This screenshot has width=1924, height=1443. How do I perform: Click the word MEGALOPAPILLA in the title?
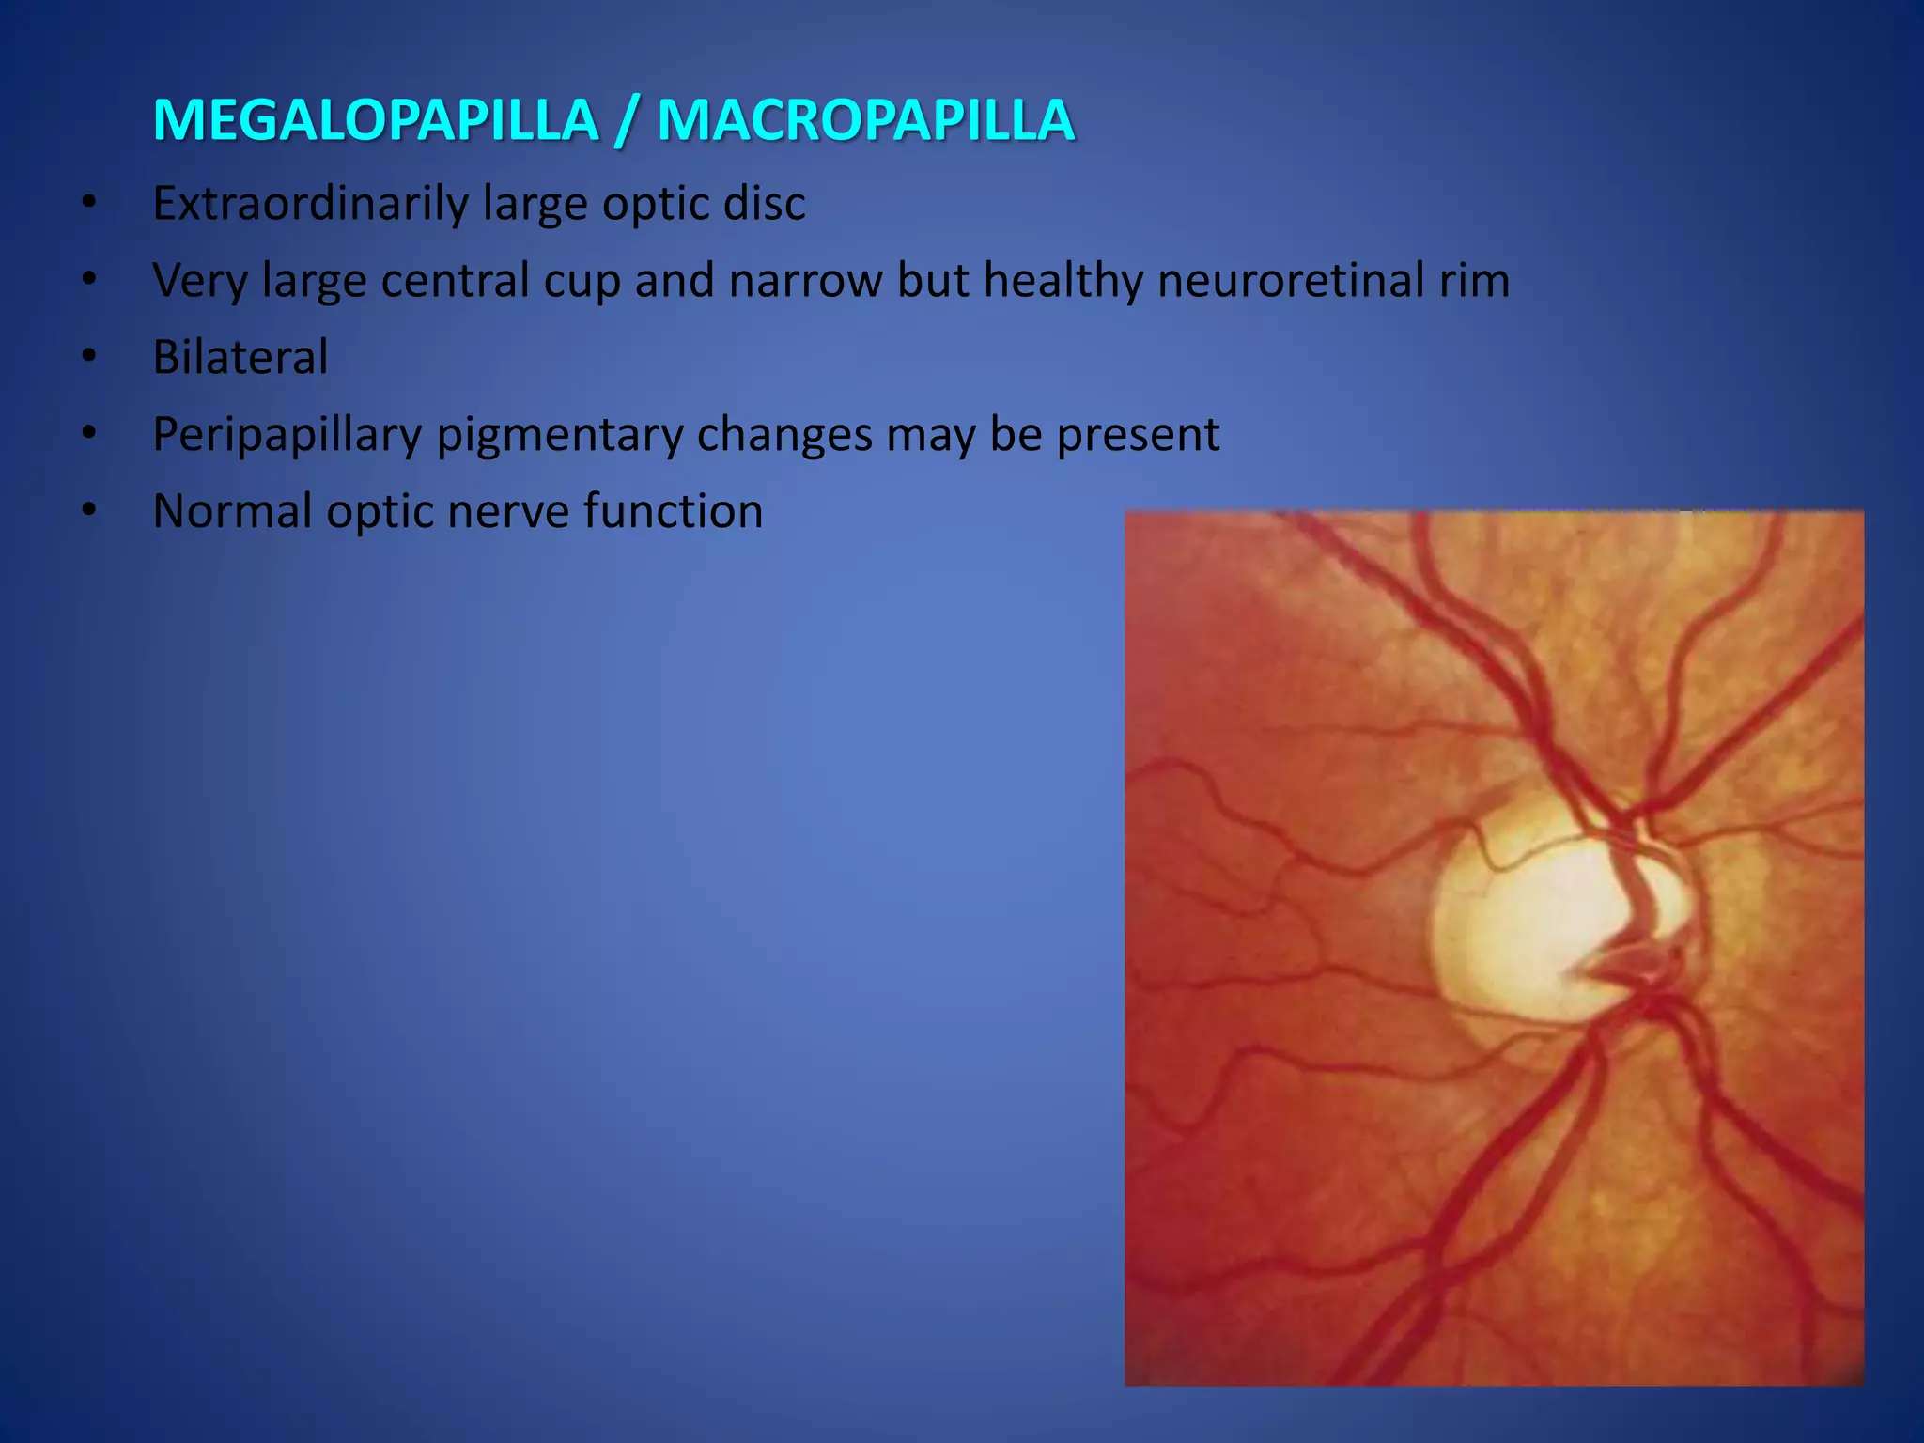(376, 120)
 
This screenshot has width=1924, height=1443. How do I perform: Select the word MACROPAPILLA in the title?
(865, 120)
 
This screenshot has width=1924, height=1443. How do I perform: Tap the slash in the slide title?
(628, 122)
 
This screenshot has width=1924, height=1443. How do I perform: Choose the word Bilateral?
(240, 358)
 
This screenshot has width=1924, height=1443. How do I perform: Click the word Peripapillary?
(287, 436)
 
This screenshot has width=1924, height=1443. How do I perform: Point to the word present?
(1138, 436)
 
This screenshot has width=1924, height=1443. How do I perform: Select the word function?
(673, 512)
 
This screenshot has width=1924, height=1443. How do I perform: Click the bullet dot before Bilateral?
(89, 356)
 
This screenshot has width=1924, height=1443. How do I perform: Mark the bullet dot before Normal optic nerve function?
(89, 510)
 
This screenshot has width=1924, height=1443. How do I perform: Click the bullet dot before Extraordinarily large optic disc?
(89, 202)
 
